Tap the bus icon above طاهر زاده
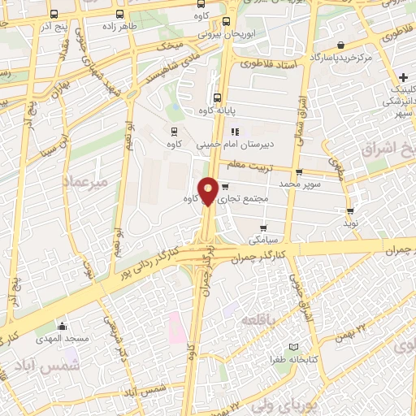coord(120,14)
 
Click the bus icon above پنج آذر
coord(54,14)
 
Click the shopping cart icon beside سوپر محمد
coord(299,172)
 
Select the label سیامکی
coord(262,217)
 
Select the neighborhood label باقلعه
coord(259,323)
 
